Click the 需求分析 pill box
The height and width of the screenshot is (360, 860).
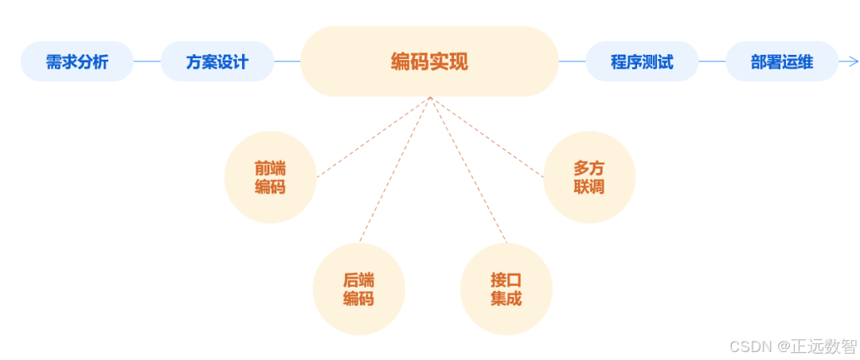point(77,61)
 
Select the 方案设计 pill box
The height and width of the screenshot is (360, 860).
point(217,61)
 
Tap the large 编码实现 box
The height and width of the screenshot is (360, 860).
point(429,61)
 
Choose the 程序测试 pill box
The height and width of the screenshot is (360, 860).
point(642,61)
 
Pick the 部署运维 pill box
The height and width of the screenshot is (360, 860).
point(782,61)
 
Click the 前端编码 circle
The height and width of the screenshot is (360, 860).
point(270,178)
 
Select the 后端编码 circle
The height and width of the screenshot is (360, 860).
point(358,289)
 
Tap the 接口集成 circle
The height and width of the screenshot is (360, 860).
point(506,289)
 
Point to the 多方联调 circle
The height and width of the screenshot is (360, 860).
point(589,178)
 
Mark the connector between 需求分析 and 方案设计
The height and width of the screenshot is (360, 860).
point(147,61)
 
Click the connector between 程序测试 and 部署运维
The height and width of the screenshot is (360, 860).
point(712,61)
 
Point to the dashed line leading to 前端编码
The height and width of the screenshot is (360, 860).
point(374,136)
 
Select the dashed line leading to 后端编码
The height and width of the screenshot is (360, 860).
point(395,169)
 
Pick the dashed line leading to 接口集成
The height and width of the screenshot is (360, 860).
point(468,169)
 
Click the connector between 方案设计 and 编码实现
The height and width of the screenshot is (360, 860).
point(287,61)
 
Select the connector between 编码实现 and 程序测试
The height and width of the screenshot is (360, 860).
point(573,61)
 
